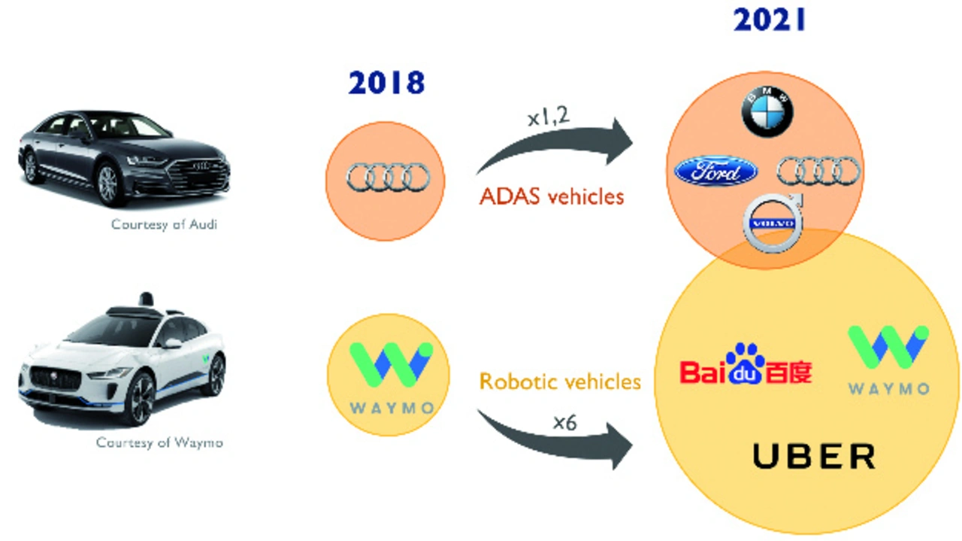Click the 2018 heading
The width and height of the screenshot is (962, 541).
pos(386,83)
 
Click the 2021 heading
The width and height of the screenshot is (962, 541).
pos(770,21)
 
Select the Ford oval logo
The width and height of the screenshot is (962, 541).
pos(716,172)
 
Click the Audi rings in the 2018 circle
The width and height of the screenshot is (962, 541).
pos(387,178)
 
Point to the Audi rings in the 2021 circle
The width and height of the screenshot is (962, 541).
pos(818,171)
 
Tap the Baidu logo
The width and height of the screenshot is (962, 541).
pos(746,366)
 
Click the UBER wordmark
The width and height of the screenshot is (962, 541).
pos(814,456)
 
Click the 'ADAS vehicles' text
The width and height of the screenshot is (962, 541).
pos(552,197)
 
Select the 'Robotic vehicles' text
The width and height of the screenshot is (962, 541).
pos(560,381)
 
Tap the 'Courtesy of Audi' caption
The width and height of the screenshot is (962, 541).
pos(164,224)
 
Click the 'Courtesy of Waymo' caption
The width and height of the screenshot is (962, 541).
pos(159,442)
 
